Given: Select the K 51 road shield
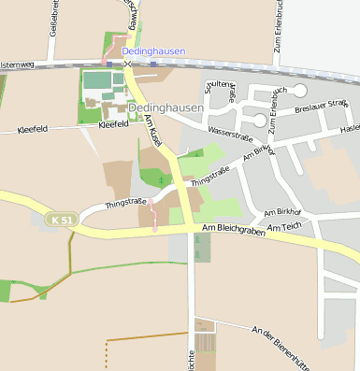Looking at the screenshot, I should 61,220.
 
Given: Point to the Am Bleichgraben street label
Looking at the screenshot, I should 227,229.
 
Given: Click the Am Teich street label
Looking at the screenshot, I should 284,227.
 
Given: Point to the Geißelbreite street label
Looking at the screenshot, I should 53,19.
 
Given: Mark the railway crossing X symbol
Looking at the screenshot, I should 128,64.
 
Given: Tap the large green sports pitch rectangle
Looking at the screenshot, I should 97,80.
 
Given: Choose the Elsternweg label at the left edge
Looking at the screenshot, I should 17,64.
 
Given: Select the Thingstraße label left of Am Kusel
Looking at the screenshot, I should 126,202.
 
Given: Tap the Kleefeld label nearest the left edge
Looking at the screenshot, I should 34,131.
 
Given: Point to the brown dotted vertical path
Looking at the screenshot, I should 106,355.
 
